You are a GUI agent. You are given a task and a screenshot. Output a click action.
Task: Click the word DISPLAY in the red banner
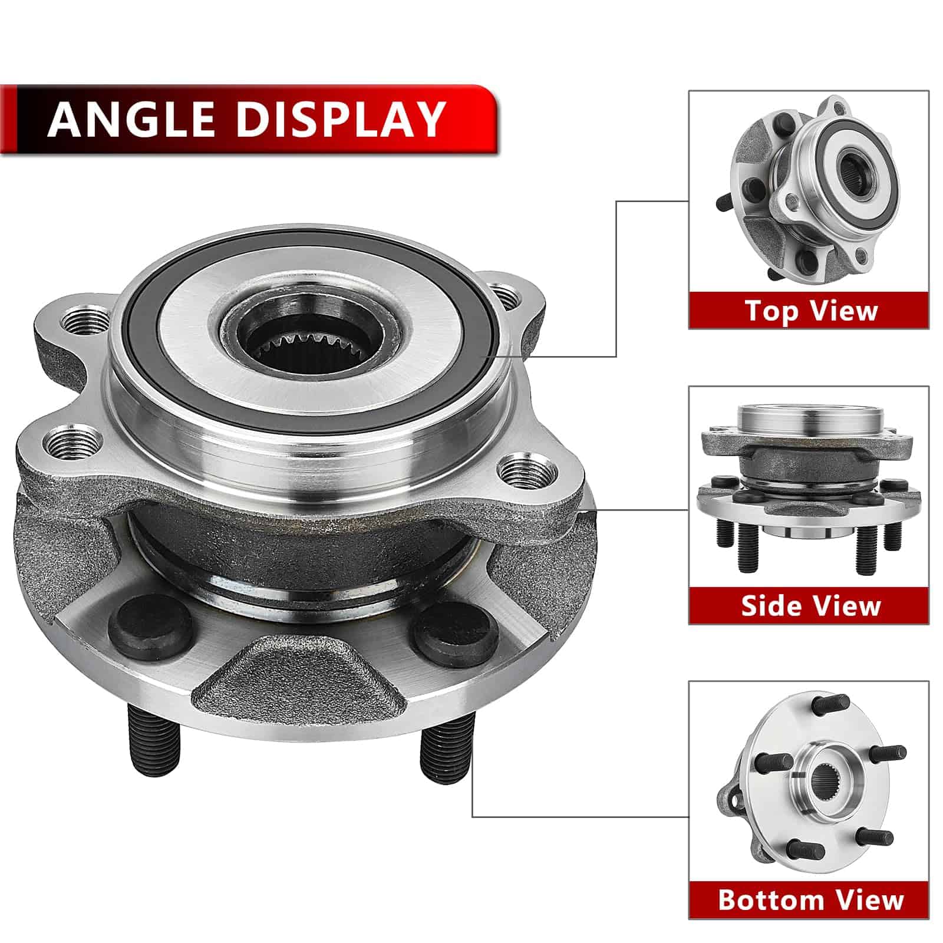tap(341, 118)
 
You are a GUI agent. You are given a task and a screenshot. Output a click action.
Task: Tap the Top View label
tap(811, 310)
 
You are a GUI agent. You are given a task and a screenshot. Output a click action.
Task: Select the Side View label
tap(811, 605)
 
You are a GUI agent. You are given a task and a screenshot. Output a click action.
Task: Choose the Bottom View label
tap(811, 900)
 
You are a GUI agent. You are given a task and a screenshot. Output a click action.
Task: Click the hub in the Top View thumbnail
tap(811, 192)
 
